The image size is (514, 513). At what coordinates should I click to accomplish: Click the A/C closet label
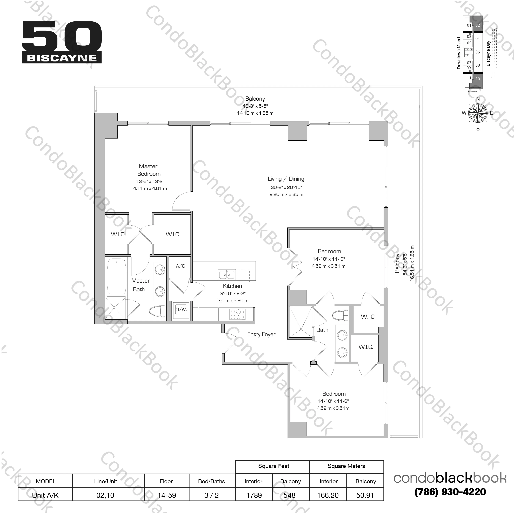pos(180,266)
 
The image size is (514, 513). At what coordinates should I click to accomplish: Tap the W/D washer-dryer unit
pos(181,310)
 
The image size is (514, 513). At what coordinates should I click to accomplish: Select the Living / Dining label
pos(286,179)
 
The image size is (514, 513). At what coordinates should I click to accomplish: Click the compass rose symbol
pos(478,113)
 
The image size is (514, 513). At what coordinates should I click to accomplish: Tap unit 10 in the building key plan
pos(478,79)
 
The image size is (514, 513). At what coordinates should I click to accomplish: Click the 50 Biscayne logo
pos(62,42)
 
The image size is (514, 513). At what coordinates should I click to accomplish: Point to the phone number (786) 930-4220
pos(450,492)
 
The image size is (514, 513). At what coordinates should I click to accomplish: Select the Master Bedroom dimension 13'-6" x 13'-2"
pos(150,181)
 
